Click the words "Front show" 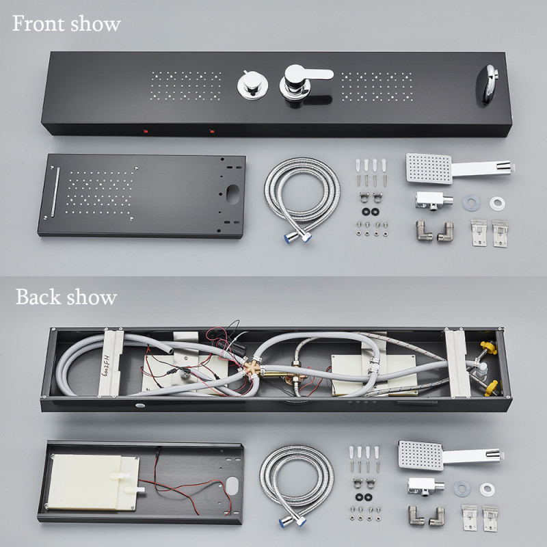(66, 24)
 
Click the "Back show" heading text (66, 297)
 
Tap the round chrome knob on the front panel (253, 85)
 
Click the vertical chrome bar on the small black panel (55, 191)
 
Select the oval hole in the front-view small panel (232, 194)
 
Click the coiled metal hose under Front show (302, 196)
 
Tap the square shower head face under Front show (429, 168)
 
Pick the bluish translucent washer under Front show (471, 203)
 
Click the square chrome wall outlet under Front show (433, 201)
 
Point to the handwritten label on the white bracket (105, 364)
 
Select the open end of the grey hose (170, 350)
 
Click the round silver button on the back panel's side (140, 405)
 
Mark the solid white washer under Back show (487, 490)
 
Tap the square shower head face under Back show (421, 455)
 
